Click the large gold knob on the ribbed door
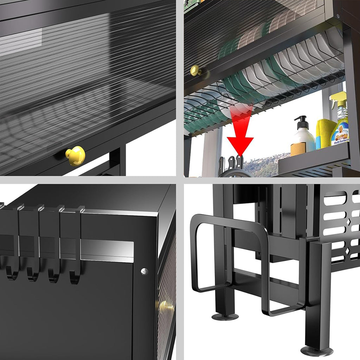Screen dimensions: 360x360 75,156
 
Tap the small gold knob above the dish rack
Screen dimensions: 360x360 195,71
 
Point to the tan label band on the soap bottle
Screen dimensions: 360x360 298,149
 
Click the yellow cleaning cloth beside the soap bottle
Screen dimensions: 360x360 326,133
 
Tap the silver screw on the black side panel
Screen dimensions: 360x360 144,271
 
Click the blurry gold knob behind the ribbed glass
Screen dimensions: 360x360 165,307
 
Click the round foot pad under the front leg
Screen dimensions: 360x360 316,350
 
